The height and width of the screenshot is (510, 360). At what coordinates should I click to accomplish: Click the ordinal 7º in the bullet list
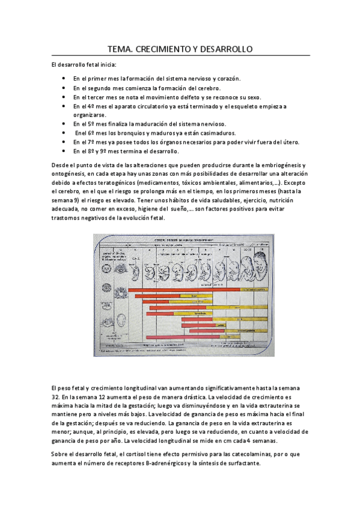tap(85, 142)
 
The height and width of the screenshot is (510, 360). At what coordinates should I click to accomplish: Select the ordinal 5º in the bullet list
tap(85, 124)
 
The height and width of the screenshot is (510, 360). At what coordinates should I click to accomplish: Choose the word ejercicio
tap(251, 200)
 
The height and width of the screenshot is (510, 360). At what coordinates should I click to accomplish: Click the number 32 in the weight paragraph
tap(56, 398)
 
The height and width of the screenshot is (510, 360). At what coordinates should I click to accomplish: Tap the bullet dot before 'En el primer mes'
tap(64, 79)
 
